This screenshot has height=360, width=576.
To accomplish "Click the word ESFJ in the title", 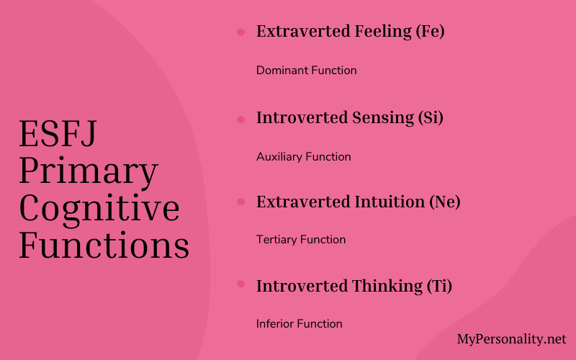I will (58, 135).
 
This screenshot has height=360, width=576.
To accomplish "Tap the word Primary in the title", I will (89, 172).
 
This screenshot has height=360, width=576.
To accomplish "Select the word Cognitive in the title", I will (99, 209).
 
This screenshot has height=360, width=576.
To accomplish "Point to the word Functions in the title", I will (104, 246).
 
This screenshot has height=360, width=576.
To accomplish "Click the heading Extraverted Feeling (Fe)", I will (350, 32).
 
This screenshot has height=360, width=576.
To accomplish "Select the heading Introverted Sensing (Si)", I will (349, 118).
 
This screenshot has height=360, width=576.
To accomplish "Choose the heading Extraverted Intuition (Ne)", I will (358, 202).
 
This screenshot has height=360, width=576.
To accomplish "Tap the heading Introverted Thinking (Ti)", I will (354, 286).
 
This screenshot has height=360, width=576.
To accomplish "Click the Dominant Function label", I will (306, 71).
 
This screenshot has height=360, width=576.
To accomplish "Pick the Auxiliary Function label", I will (303, 156).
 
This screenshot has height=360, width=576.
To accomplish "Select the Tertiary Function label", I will (301, 240).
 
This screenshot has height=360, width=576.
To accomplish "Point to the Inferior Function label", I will (299, 324).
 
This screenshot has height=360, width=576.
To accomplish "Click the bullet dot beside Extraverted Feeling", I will (240, 32).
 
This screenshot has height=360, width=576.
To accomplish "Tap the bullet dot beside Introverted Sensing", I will (240, 119).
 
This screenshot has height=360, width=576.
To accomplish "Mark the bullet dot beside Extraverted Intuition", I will (240, 202).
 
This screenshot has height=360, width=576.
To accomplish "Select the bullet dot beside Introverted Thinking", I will (240, 284).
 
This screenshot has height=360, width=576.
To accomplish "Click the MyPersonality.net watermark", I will (511, 339).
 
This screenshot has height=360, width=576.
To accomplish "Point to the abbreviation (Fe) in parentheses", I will (430, 32).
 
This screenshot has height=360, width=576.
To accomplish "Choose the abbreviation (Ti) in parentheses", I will (438, 286).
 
